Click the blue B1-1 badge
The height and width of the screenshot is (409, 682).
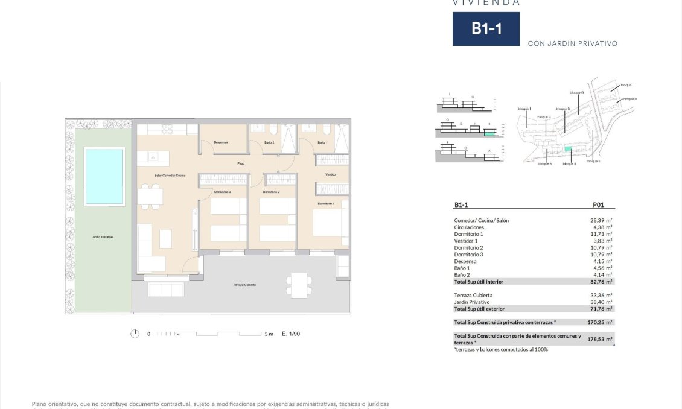click(485, 29)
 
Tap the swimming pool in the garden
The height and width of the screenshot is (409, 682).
click(104, 177)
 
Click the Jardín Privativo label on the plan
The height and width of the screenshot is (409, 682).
click(103, 237)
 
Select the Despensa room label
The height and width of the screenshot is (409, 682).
click(221, 142)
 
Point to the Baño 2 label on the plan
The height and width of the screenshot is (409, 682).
click(269, 142)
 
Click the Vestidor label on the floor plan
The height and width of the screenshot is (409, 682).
click(331, 174)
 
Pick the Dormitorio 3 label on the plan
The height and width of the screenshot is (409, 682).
click(222, 192)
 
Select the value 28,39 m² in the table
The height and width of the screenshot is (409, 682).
click(601, 220)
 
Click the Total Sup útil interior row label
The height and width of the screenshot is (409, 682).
click(479, 282)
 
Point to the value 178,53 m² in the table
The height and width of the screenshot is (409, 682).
click(600, 340)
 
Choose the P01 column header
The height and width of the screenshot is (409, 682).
click(599, 205)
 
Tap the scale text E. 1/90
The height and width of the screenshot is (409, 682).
click(291, 334)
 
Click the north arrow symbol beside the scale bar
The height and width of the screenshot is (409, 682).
click(135, 334)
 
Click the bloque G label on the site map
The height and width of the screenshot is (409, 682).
click(576, 92)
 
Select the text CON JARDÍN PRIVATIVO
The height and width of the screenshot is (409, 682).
click(572, 43)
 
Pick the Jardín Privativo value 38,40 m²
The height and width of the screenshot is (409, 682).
click(601, 302)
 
